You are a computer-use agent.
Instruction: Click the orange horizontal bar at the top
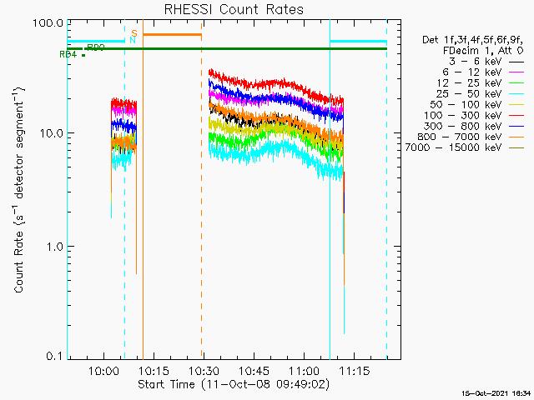coord(172,34)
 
